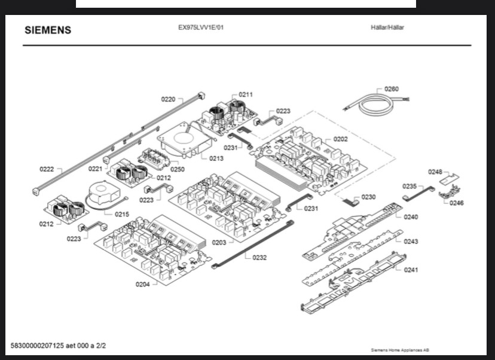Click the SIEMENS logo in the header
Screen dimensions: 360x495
click(47, 30)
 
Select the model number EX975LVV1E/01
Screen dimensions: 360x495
click(201, 28)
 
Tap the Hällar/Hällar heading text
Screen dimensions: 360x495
click(387, 28)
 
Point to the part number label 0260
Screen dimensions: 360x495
click(391, 89)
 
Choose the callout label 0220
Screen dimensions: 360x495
click(168, 99)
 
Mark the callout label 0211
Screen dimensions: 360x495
click(246, 94)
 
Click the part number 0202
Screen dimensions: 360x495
click(340, 139)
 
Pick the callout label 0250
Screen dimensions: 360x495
click(178, 170)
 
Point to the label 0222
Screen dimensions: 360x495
click(47, 169)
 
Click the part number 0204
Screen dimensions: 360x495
click(142, 284)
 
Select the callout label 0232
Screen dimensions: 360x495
click(259, 258)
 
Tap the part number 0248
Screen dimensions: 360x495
click(435, 172)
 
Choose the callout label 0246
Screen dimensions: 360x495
click(457, 203)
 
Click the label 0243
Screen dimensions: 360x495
click(411, 242)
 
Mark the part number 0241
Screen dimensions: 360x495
click(411, 270)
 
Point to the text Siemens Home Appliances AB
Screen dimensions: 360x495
click(400, 350)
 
